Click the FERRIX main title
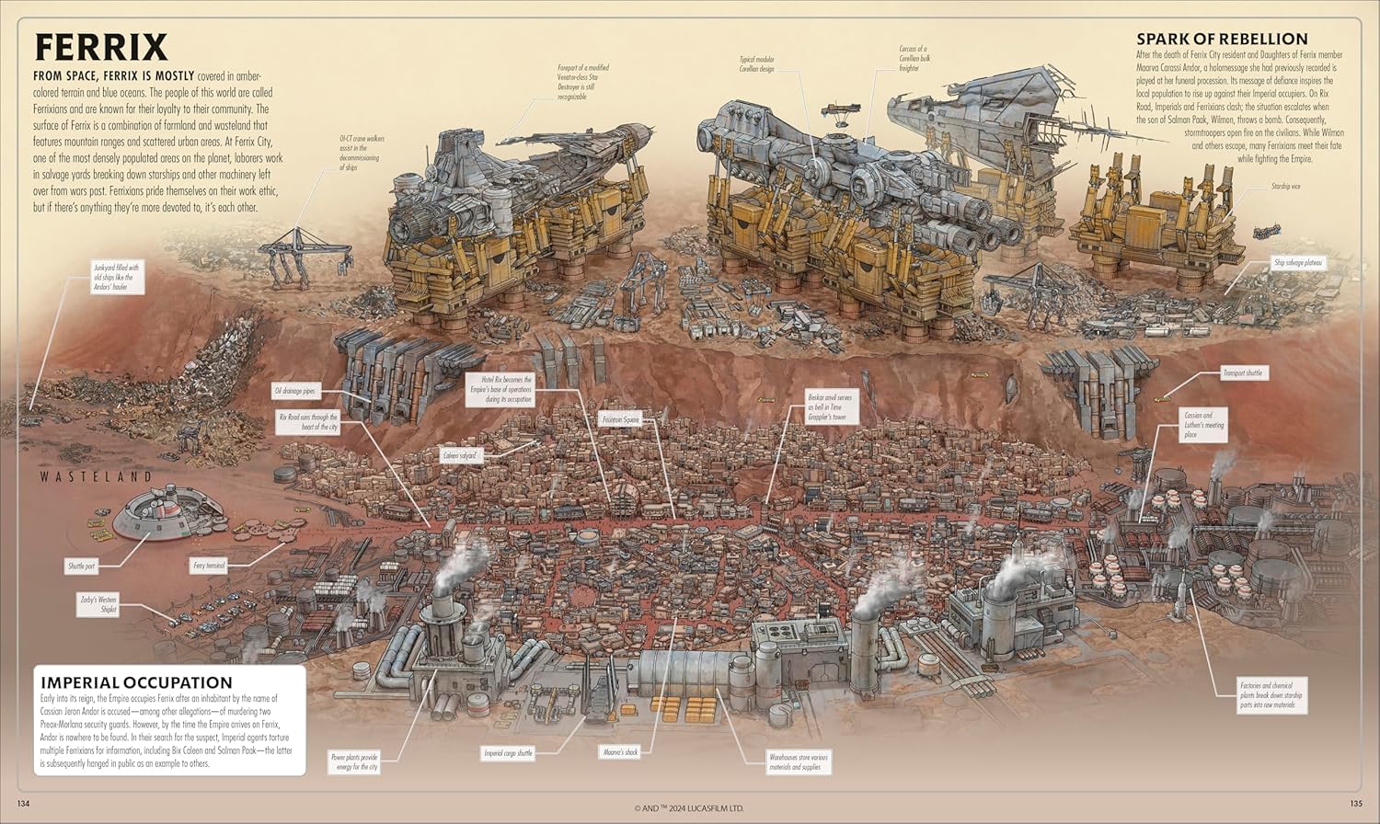click(101, 47)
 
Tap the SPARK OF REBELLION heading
click(1222, 39)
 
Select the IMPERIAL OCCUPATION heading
click(136, 682)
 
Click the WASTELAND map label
click(96, 476)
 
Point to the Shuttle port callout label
click(82, 566)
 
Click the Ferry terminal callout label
click(209, 566)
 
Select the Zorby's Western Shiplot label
click(98, 603)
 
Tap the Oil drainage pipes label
click(295, 392)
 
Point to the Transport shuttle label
click(1243, 373)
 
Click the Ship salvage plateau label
click(1297, 263)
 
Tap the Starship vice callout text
click(1286, 187)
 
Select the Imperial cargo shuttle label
click(508, 753)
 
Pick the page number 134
click(24, 806)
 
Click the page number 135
click(1355, 806)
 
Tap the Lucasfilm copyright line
click(689, 808)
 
